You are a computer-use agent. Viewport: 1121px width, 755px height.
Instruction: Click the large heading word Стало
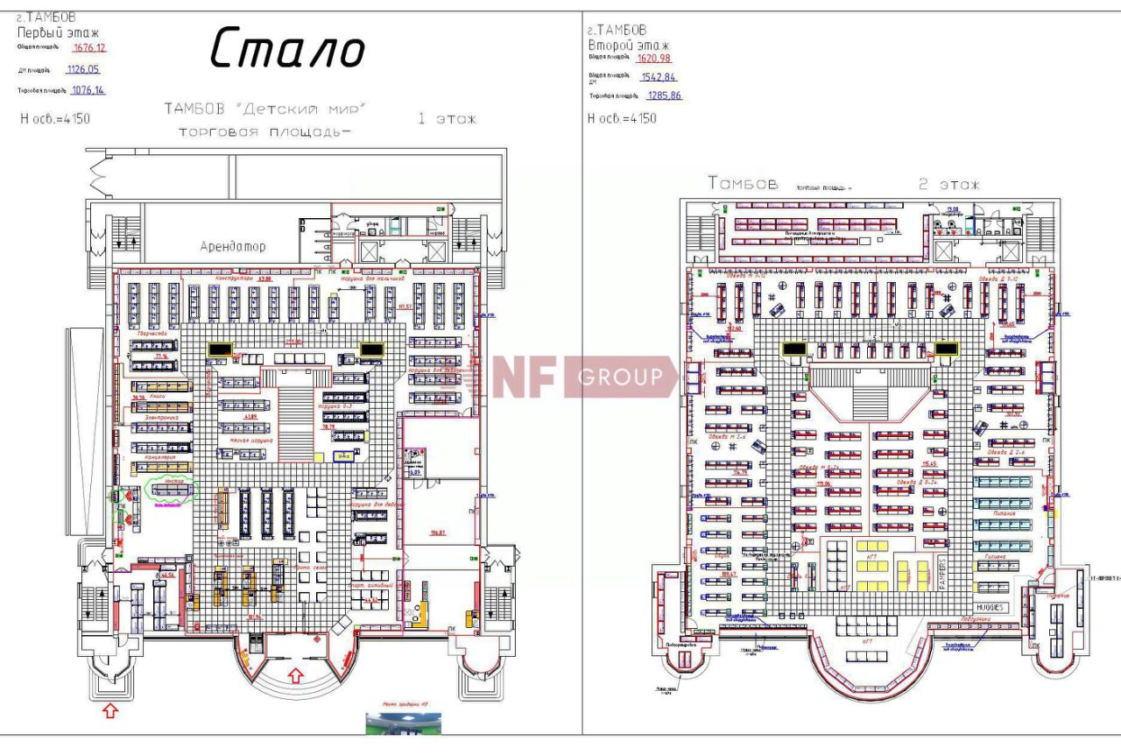click(287, 48)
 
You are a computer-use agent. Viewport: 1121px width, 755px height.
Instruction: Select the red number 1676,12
click(89, 47)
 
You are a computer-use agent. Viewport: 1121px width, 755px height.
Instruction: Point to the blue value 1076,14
click(88, 90)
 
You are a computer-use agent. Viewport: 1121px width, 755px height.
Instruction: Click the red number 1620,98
click(654, 58)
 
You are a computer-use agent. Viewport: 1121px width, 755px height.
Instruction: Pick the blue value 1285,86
click(664, 95)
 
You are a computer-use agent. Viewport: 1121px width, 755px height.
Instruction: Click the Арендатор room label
click(233, 247)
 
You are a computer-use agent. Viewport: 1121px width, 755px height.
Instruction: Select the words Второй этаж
click(629, 45)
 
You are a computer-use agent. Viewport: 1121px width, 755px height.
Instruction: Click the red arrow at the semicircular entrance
click(296, 675)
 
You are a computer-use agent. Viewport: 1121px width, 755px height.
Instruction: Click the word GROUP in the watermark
click(621, 377)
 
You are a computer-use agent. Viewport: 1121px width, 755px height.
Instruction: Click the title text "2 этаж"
click(948, 185)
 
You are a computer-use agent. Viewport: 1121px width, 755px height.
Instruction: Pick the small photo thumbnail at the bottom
click(403, 723)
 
